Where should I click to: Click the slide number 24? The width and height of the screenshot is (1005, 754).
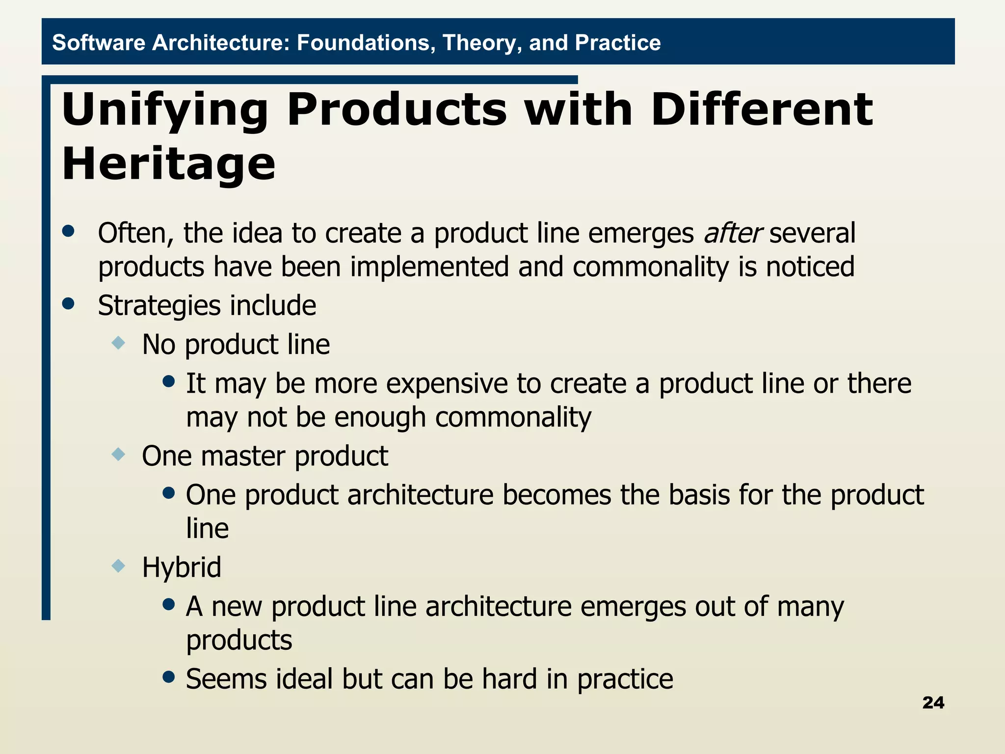tap(933, 702)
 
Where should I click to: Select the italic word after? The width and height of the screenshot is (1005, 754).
tap(733, 233)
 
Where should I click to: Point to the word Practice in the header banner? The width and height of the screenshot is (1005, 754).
tap(617, 43)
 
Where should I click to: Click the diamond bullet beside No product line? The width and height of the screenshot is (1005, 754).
tap(118, 343)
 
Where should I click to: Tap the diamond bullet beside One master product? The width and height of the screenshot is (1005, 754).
tap(118, 454)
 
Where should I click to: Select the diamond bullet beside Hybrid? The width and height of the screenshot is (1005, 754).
tap(118, 566)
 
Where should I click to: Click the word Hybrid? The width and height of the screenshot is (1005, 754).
tap(182, 568)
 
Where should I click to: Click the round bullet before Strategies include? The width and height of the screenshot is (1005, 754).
tap(68, 303)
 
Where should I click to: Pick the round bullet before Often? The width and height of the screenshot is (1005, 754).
tap(68, 231)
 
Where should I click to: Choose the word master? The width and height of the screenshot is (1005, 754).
tap(243, 456)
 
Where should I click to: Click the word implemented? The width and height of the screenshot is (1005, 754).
tap(429, 267)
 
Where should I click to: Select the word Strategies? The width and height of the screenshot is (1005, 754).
tap(159, 306)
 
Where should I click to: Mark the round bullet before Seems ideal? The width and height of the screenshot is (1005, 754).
tap(169, 677)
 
